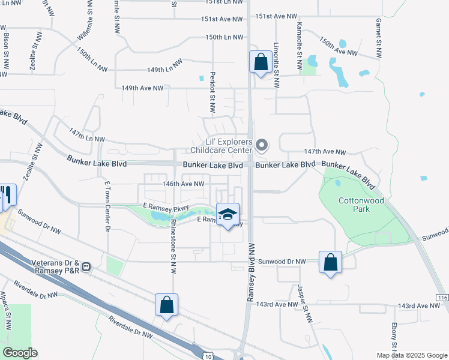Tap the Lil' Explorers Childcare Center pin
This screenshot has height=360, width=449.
click(x=261, y=145)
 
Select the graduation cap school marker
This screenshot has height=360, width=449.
click(x=228, y=215)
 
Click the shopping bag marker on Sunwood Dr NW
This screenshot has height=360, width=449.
click(x=330, y=262)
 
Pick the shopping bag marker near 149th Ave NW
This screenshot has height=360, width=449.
click(x=261, y=62)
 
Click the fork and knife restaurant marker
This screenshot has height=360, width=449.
click(x=8, y=194)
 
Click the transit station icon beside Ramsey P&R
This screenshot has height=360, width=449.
click(x=87, y=266)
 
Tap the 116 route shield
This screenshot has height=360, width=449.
click(x=442, y=298)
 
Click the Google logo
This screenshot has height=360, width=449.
click(x=20, y=353)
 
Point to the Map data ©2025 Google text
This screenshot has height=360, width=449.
click(x=412, y=355)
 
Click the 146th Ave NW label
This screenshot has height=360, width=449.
click(x=185, y=184)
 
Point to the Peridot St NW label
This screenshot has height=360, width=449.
click(x=212, y=93)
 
